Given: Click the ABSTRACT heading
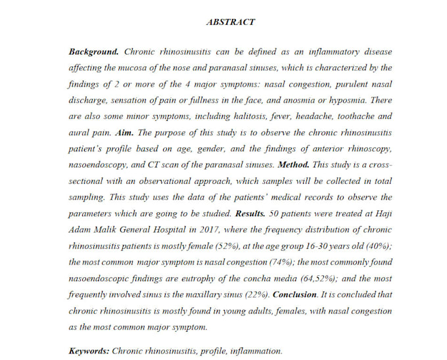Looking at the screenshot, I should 230,22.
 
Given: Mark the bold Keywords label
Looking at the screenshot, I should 89,351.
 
